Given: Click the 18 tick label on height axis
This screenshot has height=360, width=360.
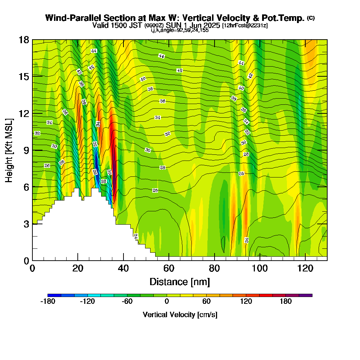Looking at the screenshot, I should point(24,40).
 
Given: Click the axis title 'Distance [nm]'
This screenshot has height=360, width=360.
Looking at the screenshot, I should point(180,281).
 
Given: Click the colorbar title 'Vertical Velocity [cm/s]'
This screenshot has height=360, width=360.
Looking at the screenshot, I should point(180,315).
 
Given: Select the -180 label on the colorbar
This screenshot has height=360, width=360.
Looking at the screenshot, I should point(48,302).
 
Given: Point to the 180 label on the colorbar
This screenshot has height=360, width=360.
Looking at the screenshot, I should point(286,302).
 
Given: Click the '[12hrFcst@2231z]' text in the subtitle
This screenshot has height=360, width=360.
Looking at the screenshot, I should point(245,26).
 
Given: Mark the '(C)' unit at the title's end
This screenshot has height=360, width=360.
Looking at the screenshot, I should point(311,18).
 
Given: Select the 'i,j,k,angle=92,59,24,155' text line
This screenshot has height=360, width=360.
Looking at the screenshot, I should point(180,30).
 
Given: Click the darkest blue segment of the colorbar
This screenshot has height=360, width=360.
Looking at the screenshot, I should point(54,295).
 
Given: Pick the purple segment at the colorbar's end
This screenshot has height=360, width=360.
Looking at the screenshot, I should point(306,295).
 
